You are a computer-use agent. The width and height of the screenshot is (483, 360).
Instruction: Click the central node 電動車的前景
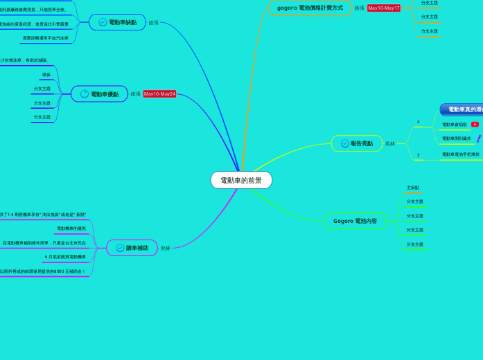[241, 180]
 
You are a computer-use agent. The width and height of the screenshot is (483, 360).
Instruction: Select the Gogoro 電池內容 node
[355, 221]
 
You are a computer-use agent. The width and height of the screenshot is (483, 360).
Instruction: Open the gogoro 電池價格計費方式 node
[310, 8]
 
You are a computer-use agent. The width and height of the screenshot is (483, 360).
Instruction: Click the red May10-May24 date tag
[159, 94]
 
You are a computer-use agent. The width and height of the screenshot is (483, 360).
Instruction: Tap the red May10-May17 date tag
[383, 8]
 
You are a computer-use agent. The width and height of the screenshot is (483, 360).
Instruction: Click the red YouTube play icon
[475, 125]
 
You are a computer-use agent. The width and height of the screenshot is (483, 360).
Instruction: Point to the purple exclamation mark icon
[478, 138]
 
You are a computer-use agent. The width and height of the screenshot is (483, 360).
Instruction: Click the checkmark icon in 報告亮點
[345, 143]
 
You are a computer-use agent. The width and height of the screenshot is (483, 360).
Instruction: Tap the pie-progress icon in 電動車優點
[85, 94]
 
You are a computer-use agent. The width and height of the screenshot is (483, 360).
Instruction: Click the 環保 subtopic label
[46, 75]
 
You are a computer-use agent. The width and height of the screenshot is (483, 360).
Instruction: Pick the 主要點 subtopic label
[413, 188]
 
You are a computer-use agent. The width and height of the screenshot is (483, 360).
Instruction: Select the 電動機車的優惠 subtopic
[71, 228]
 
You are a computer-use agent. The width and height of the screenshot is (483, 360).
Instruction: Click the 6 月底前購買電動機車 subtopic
[65, 257]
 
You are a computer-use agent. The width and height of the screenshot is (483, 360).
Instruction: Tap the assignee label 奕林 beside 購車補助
[166, 248]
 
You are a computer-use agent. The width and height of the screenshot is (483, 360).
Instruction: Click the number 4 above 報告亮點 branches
[418, 122]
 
